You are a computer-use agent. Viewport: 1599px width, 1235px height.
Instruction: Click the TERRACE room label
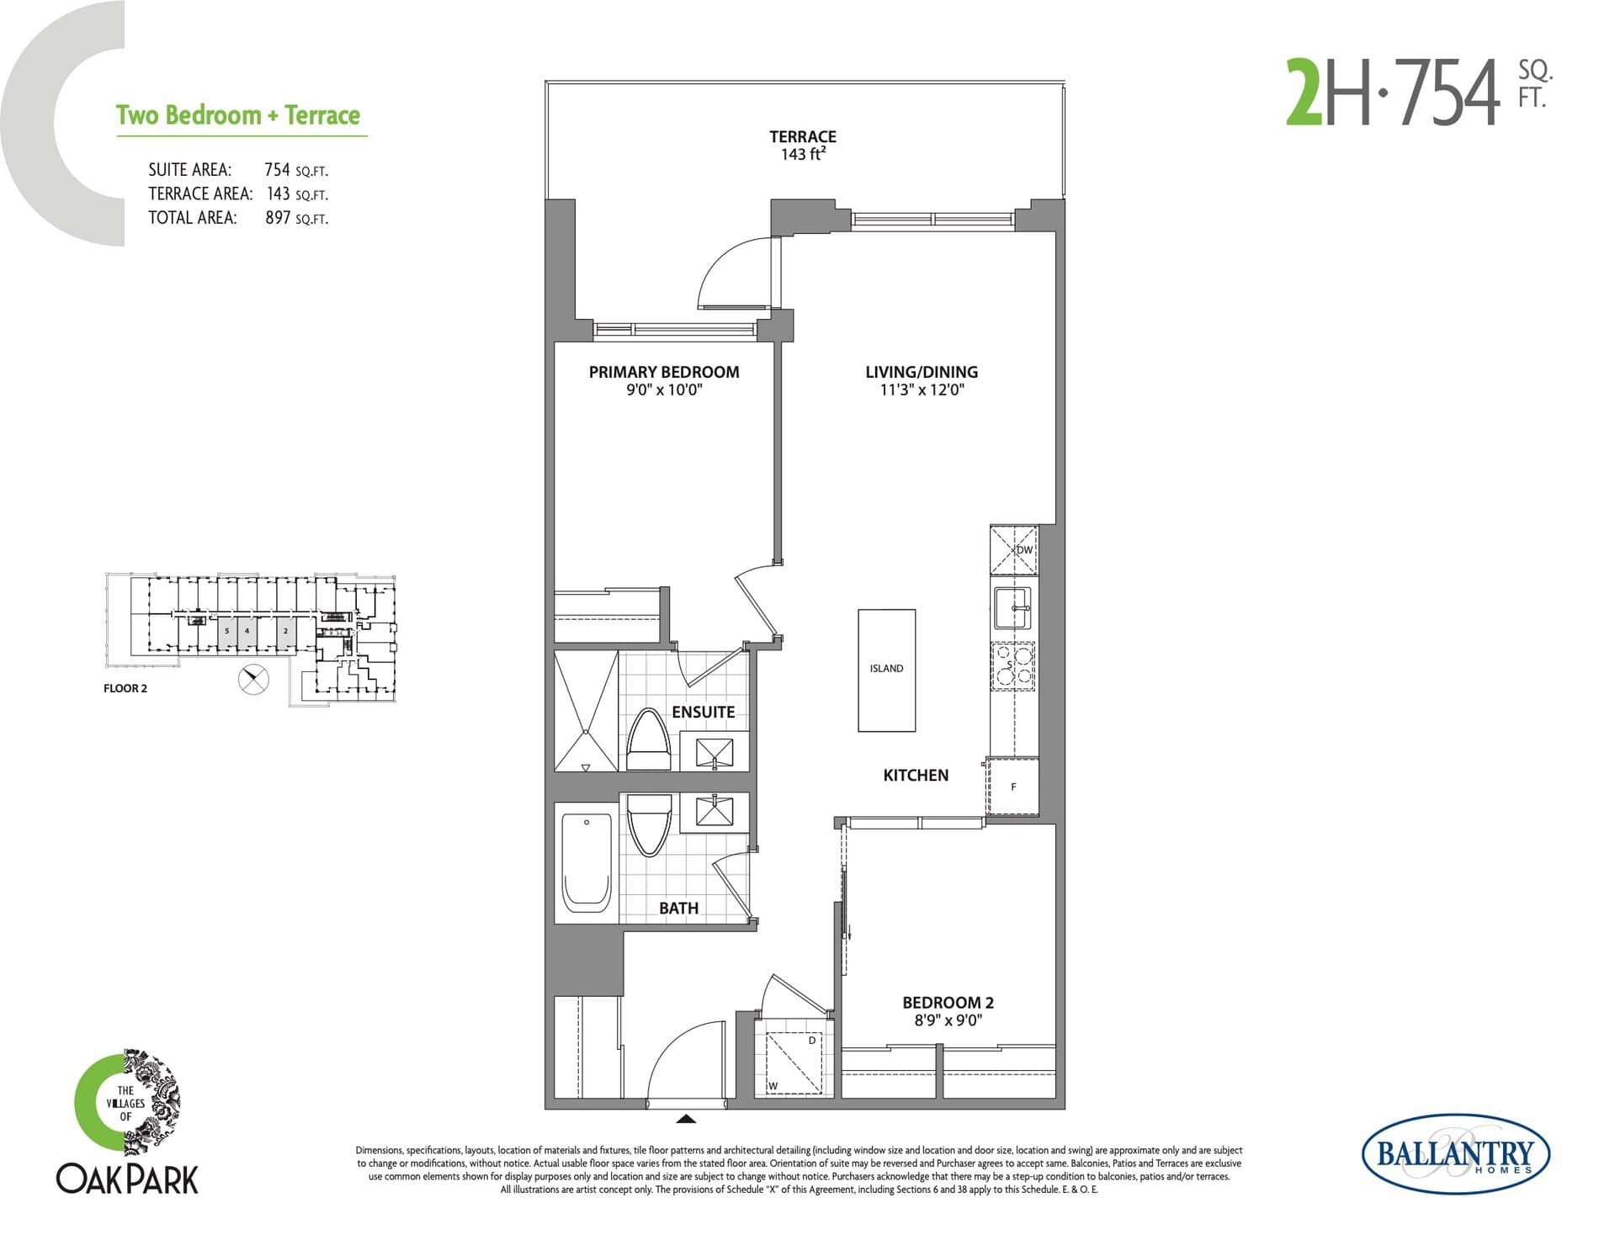coord(802,136)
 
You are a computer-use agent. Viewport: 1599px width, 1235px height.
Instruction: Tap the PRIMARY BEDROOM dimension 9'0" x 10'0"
coord(664,390)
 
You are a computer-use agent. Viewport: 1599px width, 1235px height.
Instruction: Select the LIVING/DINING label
coord(922,372)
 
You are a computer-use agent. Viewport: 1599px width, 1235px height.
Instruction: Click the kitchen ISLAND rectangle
coord(886,670)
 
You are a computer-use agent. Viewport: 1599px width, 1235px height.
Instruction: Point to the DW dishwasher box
coord(1014,550)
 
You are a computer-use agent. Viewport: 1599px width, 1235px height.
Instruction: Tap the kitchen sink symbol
coord(1012,607)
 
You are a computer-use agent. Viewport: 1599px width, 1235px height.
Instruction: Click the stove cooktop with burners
coord(1012,666)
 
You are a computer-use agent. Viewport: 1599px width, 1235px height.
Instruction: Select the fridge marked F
coord(1013,787)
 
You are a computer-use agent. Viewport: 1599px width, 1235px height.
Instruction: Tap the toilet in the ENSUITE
coord(648,740)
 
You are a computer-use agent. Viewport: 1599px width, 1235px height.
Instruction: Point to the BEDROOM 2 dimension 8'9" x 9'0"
coord(948,1020)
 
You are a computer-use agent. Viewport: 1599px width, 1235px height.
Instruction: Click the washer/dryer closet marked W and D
coord(791,1062)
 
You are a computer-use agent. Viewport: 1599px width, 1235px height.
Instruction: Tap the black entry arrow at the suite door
coord(686,1119)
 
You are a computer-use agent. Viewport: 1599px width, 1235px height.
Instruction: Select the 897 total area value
coord(278,218)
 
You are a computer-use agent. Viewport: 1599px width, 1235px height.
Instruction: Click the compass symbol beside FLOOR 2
coord(253,679)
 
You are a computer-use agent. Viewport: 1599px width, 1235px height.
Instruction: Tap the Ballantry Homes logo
coord(1455,1153)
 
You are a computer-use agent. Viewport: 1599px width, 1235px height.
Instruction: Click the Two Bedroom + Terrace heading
coord(238,115)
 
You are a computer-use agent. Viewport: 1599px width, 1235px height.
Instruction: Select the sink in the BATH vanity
coord(714,812)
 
